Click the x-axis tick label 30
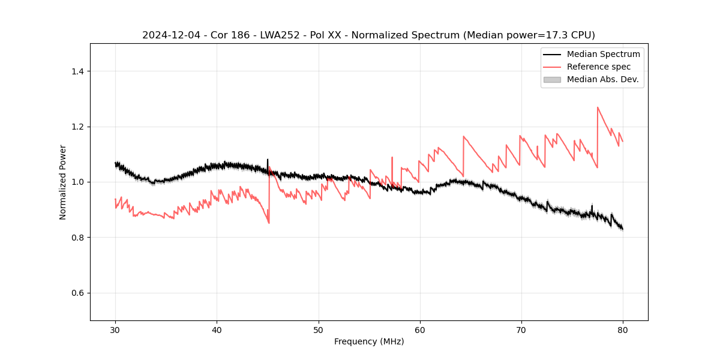coord(115,330)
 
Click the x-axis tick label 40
coord(217,330)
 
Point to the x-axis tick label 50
coord(319,330)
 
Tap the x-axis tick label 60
coord(420,330)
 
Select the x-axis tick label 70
coord(521,330)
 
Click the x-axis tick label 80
coord(623,330)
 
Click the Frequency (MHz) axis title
coord(369,341)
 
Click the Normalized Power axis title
coord(63,182)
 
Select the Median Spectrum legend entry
coord(603,54)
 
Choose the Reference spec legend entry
coord(598,67)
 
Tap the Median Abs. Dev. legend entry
coord(602,79)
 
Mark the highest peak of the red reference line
coord(598,107)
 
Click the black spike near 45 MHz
coord(268,160)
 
